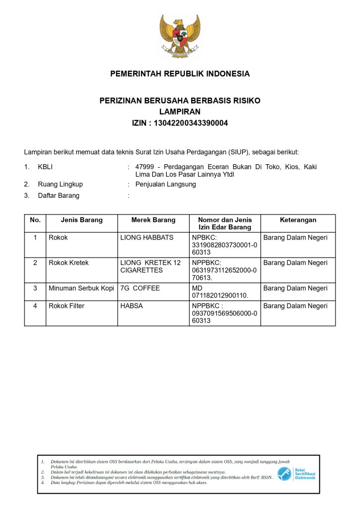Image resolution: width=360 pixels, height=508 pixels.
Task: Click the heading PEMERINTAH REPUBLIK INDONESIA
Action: pyautogui.click(x=180, y=74)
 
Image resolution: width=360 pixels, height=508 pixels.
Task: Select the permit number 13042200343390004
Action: pyautogui.click(x=191, y=123)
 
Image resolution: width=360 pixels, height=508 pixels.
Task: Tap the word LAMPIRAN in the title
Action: pyautogui.click(x=180, y=112)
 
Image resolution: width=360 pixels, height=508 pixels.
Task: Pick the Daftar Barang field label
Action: pyautogui.click(x=59, y=195)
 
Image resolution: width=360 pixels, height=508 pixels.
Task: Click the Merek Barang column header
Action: pyautogui.click(x=153, y=220)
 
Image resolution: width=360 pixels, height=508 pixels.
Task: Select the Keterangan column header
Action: pyautogui.click(x=298, y=220)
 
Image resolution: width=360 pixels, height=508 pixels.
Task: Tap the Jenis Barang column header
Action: pyautogui.click(x=81, y=220)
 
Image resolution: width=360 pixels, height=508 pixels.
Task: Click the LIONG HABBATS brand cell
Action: pyautogui.click(x=147, y=238)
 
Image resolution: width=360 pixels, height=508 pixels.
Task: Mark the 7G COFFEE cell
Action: pyautogui.click(x=140, y=288)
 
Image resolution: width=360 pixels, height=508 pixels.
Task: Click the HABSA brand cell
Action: pyautogui.click(x=132, y=306)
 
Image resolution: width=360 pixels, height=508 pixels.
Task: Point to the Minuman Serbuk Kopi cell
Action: pyautogui.click(x=81, y=288)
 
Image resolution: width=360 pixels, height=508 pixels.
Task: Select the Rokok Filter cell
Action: pyautogui.click(x=67, y=306)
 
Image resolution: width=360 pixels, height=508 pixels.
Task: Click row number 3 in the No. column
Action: pyautogui.click(x=35, y=288)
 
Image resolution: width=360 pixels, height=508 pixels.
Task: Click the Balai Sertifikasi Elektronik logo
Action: pyautogui.click(x=296, y=473)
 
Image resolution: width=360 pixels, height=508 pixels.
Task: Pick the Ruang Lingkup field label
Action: pyautogui.click(x=61, y=184)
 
